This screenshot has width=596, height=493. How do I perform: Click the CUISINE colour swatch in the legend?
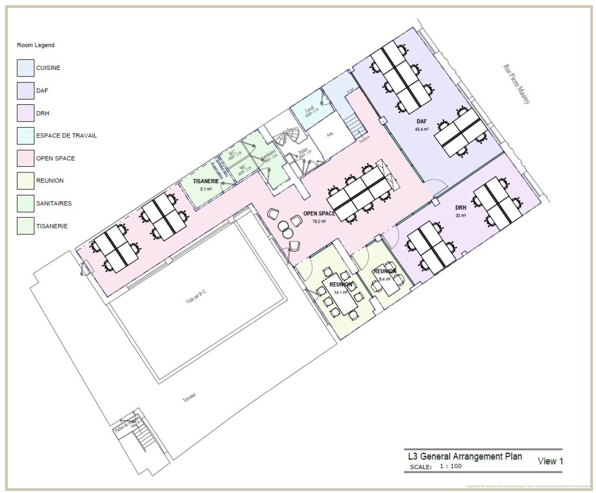pyautogui.click(x=26, y=68)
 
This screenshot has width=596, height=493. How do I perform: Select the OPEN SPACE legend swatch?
pyautogui.click(x=26, y=158)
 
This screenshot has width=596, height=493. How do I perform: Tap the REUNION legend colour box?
pyautogui.click(x=26, y=181)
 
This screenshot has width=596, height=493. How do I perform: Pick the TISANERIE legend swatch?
pyautogui.click(x=26, y=226)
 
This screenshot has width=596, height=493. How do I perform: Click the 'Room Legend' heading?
pyautogui.click(x=36, y=45)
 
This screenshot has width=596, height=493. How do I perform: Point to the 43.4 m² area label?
pyautogui.click(x=422, y=129)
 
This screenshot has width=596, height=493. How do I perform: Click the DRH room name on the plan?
pyautogui.click(x=461, y=208)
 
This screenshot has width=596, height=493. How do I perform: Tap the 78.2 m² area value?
pyautogui.click(x=319, y=221)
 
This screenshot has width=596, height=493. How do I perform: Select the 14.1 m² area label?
pyautogui.click(x=341, y=292)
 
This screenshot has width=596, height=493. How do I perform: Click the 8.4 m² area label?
pyautogui.click(x=385, y=279)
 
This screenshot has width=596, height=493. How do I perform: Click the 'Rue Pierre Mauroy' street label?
pyautogui.click(x=516, y=84)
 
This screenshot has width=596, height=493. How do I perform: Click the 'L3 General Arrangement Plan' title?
pyautogui.click(x=465, y=456)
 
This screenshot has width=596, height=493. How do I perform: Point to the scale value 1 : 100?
pyautogui.click(x=451, y=466)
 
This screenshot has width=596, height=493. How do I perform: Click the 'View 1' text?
pyautogui.click(x=550, y=461)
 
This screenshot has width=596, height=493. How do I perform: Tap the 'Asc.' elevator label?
pyautogui.click(x=330, y=134)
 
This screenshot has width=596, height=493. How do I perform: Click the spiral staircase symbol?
pyautogui.click(x=282, y=138)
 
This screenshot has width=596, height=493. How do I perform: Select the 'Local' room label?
pyautogui.click(x=309, y=109)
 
